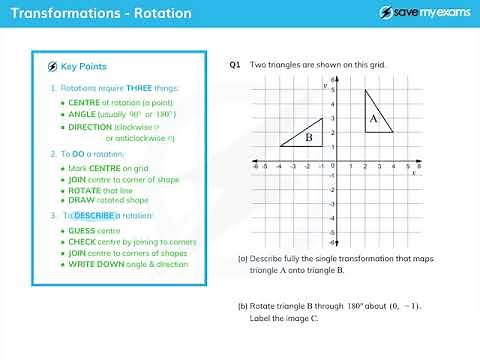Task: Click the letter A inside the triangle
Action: point(373,119)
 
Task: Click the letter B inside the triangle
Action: point(310,137)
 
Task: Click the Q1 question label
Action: point(235,66)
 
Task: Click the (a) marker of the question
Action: point(243,259)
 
